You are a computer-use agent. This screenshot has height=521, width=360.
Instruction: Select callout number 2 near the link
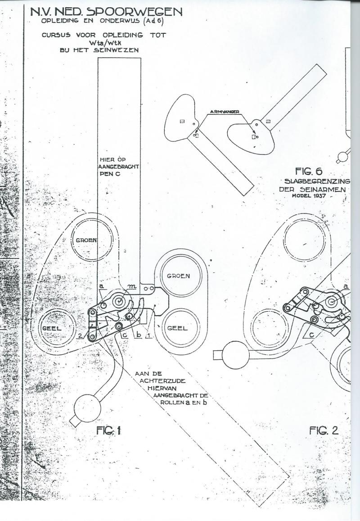pyautogui.click(x=79, y=336)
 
